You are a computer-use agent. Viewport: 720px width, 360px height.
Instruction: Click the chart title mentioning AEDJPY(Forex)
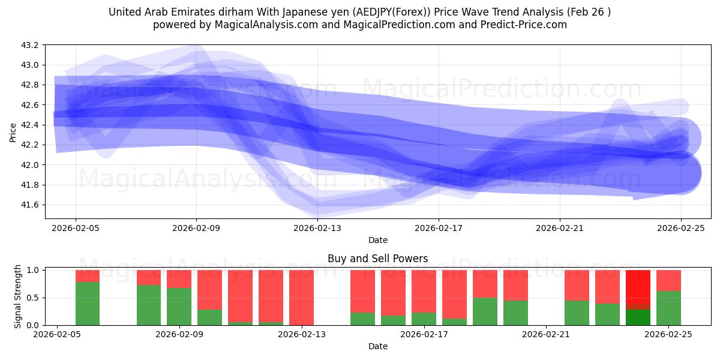[x=360, y=12]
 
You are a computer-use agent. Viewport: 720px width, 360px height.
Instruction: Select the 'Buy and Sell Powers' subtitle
[x=378, y=259]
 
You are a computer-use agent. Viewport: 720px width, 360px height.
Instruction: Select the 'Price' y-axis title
[x=13, y=132]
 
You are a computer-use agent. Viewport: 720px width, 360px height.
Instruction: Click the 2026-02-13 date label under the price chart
[x=317, y=228]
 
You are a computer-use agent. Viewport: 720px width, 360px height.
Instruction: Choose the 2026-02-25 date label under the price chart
[x=681, y=228]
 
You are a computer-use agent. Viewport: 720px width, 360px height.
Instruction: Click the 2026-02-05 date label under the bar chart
[x=57, y=335]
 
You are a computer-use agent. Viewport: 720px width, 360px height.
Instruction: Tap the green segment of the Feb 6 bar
[x=88, y=304]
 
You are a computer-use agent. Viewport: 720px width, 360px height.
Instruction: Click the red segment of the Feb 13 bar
[x=301, y=297]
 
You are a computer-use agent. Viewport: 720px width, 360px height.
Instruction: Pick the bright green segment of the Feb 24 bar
[x=638, y=317]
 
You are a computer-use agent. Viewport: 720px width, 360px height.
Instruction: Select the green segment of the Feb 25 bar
[x=668, y=308]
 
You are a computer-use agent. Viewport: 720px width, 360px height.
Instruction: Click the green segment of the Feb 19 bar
[x=485, y=311]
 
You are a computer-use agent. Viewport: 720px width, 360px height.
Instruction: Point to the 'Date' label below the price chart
[x=378, y=240]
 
